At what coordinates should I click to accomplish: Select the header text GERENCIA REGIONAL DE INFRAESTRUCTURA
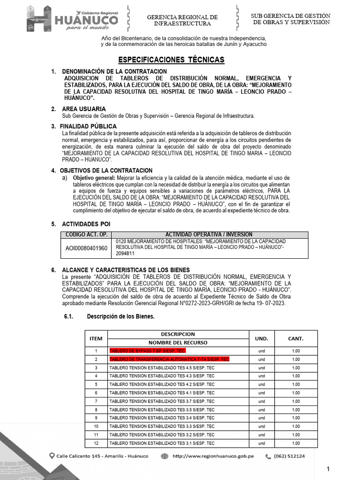click(x=182, y=20)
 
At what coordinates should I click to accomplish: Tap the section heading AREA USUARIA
click(x=83, y=109)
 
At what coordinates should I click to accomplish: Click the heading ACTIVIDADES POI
click(x=86, y=224)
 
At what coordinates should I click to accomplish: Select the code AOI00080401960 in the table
click(x=86, y=248)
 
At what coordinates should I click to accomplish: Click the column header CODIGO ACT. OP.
click(x=86, y=235)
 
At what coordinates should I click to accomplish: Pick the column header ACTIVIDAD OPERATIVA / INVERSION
click(x=209, y=235)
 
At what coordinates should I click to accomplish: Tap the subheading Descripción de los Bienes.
click(x=120, y=316)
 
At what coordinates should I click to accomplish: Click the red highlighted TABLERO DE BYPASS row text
click(x=148, y=351)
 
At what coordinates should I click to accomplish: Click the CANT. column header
click(x=296, y=338)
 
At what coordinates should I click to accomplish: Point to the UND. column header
click(x=262, y=338)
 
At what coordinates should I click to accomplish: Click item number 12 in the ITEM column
click(x=96, y=443)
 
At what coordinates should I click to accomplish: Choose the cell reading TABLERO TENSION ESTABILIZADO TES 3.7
click(x=162, y=401)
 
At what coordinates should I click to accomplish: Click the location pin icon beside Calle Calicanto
click(x=52, y=456)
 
